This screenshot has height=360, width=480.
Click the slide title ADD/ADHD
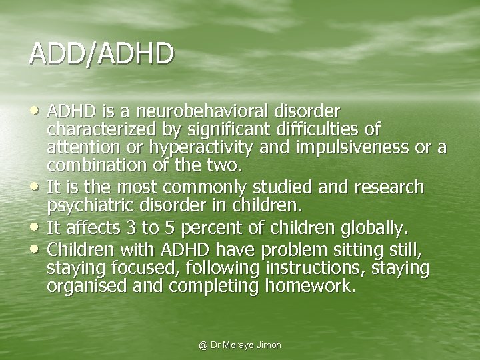tap(102, 53)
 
